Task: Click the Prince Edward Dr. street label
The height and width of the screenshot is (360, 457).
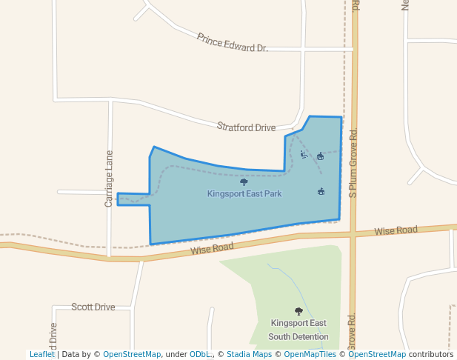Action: [232, 42]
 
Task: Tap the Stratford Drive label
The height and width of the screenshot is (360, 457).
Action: [246, 127]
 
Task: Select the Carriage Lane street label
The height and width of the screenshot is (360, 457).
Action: [109, 179]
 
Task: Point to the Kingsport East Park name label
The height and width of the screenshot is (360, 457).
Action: [244, 194]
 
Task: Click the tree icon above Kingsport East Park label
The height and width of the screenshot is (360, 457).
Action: [244, 181]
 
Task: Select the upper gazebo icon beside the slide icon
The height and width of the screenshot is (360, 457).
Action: [320, 156]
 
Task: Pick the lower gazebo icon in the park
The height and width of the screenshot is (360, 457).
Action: [321, 192]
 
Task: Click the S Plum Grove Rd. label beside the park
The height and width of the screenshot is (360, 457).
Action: [353, 163]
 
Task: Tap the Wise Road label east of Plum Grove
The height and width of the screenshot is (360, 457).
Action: [396, 230]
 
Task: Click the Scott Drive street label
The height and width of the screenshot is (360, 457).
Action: [93, 307]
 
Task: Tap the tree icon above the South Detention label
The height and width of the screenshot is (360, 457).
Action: [298, 312]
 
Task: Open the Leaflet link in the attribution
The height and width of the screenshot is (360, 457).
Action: [42, 355]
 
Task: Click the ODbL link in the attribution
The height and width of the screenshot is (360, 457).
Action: [199, 355]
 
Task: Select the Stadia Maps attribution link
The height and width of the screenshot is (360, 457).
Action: [249, 355]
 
